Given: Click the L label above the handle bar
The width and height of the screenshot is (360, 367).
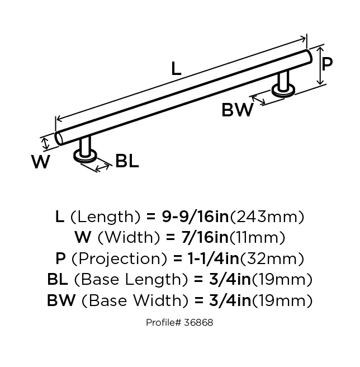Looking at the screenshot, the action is [x=176, y=69].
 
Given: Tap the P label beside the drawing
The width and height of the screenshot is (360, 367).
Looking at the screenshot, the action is [x=327, y=63].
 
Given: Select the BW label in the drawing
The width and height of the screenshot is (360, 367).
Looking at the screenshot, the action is [x=238, y=110].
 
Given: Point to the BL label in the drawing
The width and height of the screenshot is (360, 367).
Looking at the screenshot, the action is [x=127, y=162].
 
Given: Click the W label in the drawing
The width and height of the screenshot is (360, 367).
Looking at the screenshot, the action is [x=41, y=162].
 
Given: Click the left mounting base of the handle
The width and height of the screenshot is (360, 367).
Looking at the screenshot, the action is [x=86, y=157].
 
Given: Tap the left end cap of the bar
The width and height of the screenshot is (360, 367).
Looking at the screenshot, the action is [x=59, y=139].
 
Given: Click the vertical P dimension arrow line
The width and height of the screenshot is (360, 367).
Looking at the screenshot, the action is [x=320, y=66].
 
